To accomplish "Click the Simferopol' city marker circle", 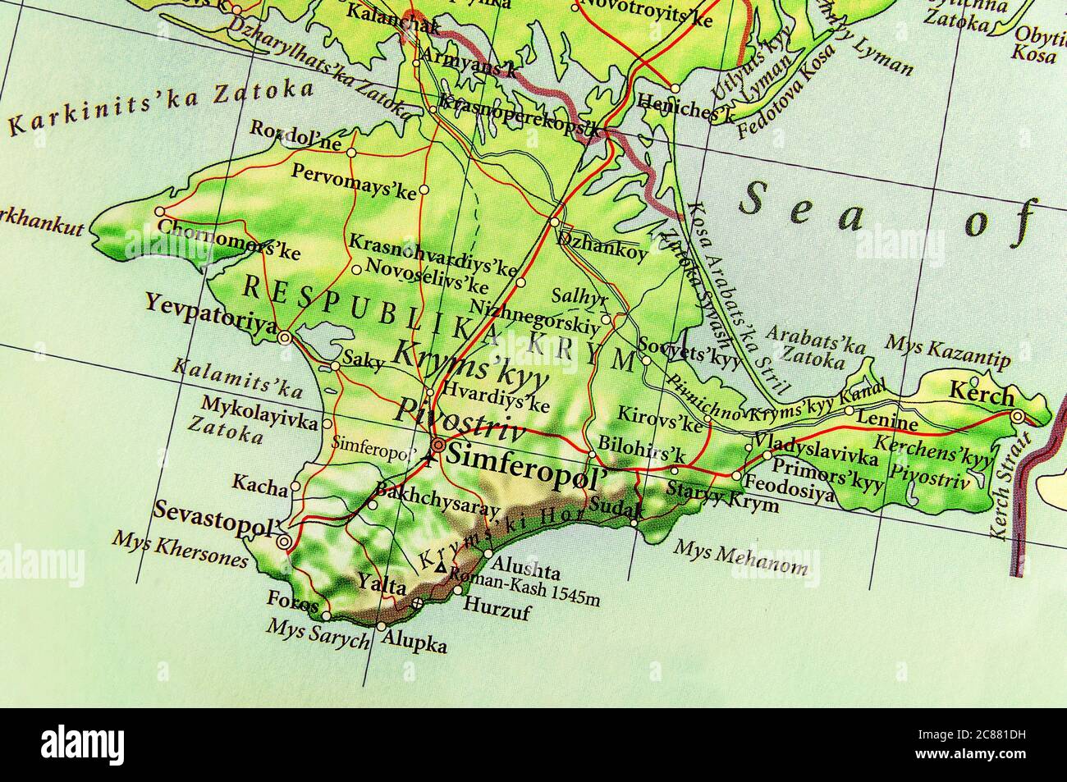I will point(438,446).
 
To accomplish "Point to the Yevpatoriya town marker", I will point(285,336).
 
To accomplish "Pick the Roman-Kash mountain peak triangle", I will point(441,567).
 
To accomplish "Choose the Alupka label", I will point(420,645).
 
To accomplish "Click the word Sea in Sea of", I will point(801,204).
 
